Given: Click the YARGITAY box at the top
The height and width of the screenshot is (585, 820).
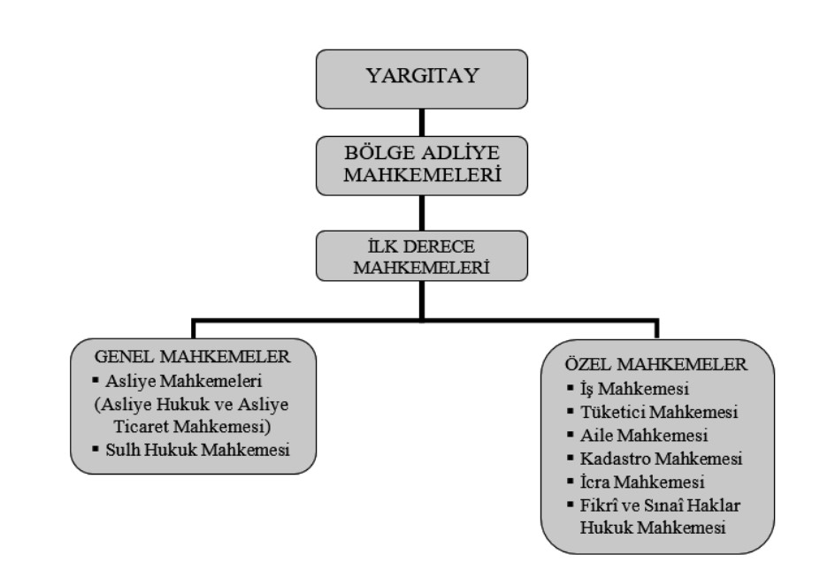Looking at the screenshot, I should tap(423, 77).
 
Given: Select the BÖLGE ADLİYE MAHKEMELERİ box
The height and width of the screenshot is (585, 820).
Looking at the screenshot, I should tap(423, 165).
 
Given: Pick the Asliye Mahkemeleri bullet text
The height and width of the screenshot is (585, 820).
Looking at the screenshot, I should tap(191, 383).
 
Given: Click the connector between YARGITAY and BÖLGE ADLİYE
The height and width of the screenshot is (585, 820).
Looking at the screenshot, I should tap(423, 121).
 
